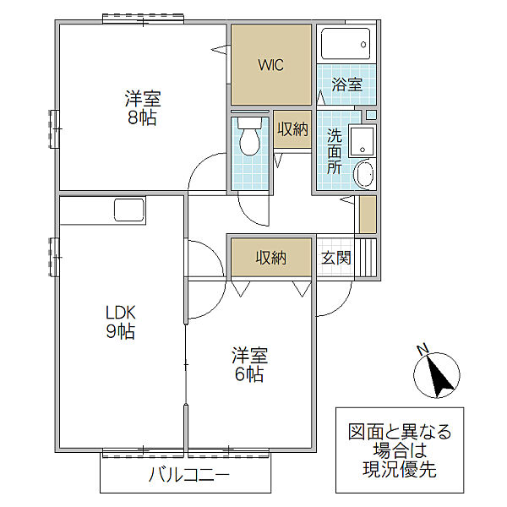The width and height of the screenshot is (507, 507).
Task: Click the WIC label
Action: [x=271, y=65]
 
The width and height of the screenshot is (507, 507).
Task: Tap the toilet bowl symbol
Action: [x=249, y=137]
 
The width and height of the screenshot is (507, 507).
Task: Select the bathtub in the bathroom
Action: [x=346, y=44]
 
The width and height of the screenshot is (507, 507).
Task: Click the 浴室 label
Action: [x=346, y=84]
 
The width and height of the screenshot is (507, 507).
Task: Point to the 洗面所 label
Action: [x=335, y=151]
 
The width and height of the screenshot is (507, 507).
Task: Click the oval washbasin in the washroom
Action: [x=364, y=173]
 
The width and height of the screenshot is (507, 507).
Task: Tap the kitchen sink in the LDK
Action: [x=129, y=210]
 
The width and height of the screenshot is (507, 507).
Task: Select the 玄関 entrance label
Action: [x=336, y=258]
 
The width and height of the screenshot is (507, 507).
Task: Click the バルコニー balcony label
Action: [x=189, y=475]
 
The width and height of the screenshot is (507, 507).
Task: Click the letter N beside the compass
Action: [x=423, y=349]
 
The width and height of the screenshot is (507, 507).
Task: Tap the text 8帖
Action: [x=142, y=117]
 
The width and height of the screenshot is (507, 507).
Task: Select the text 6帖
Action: [x=249, y=374]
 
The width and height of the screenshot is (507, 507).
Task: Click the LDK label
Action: [x=121, y=313]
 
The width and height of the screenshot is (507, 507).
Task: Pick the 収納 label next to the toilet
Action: [x=292, y=129]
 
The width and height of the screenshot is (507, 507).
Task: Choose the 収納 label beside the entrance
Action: [x=271, y=258]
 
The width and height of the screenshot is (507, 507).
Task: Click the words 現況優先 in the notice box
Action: [x=400, y=470]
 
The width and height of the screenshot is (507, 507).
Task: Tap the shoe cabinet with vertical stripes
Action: [x=366, y=258]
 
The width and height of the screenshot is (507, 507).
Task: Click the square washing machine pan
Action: [x=363, y=140]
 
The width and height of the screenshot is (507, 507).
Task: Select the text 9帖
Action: [x=121, y=330]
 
